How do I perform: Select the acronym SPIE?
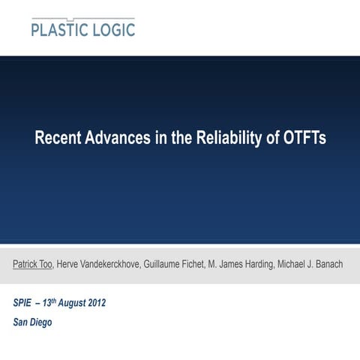tap(23, 304)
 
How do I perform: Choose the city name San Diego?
tap(33, 322)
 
